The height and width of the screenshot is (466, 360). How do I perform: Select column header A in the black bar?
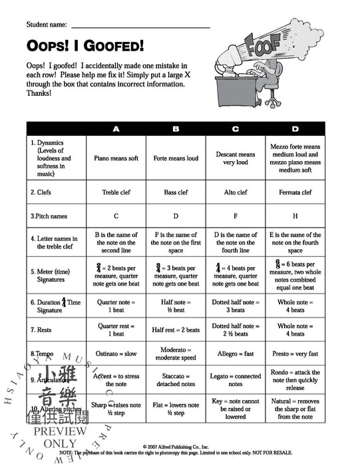[x=116, y=128]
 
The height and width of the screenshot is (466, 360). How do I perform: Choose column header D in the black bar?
[x=295, y=128]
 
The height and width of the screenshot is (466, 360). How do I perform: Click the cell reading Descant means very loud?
[x=236, y=158]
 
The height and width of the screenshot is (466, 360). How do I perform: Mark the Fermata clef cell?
[x=295, y=192]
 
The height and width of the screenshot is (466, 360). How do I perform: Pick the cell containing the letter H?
[x=295, y=216]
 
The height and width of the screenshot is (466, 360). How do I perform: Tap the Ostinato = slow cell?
[x=116, y=353]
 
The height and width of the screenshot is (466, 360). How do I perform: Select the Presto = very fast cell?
[x=295, y=353]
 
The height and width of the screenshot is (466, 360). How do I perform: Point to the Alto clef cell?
[x=236, y=192]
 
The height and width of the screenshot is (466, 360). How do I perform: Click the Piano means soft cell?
[x=116, y=158]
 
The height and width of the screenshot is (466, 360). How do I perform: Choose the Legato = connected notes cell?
[x=236, y=380]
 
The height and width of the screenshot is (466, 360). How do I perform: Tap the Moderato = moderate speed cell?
[x=176, y=353]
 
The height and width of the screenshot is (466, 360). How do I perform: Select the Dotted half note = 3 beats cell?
[x=236, y=306]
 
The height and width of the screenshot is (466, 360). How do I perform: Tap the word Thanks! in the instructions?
[x=39, y=93]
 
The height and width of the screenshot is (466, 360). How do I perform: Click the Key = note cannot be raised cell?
[x=236, y=408]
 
